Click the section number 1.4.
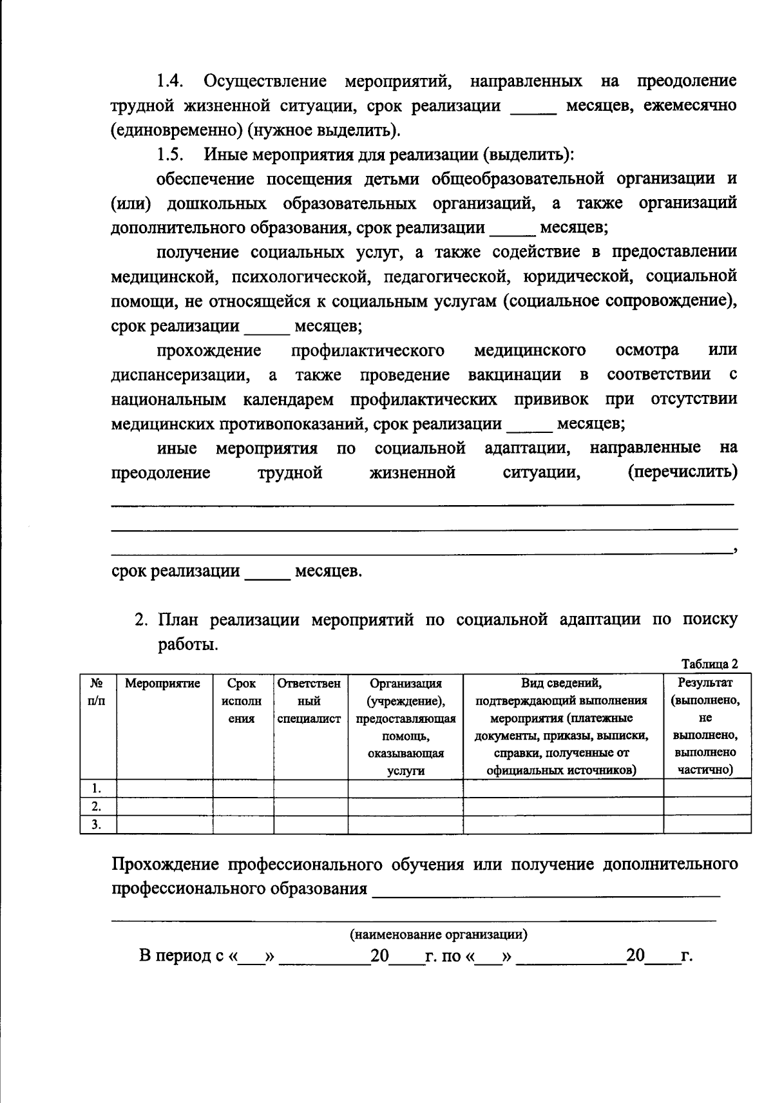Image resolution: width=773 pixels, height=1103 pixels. pyautogui.click(x=171, y=82)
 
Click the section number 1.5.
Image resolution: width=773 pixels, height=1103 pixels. pyautogui.click(x=171, y=155)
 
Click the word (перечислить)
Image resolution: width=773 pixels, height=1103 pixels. pyautogui.click(x=682, y=473)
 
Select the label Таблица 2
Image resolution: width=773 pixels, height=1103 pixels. pyautogui.click(x=709, y=664)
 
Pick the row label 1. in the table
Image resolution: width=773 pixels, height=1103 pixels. pyautogui.click(x=97, y=788)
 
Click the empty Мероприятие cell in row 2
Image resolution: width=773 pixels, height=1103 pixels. pyautogui.click(x=164, y=806)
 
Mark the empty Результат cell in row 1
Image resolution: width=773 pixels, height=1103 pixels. pyautogui.click(x=707, y=788)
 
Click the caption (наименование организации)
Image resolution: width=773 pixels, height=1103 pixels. pyautogui.click(x=438, y=934)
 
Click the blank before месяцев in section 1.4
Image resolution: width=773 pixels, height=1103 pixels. pyautogui.click(x=533, y=106)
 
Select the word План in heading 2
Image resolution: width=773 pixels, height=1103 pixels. pyautogui.click(x=180, y=620)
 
